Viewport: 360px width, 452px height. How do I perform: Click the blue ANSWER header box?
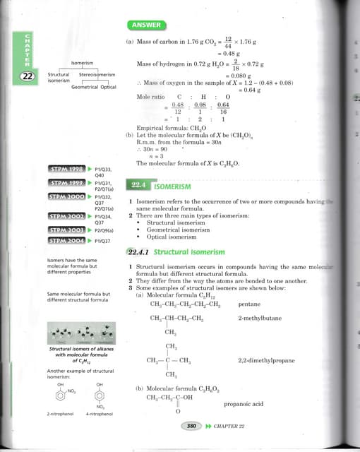pos(146,25)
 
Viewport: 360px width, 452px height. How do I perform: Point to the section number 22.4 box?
pos(138,185)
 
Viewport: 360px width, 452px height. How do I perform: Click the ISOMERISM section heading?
pos(173,188)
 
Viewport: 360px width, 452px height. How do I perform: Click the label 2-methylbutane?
pos(260,319)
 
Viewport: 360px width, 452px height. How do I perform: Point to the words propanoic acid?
pos(243,404)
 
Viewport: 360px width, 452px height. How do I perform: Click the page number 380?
pos(191,426)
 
